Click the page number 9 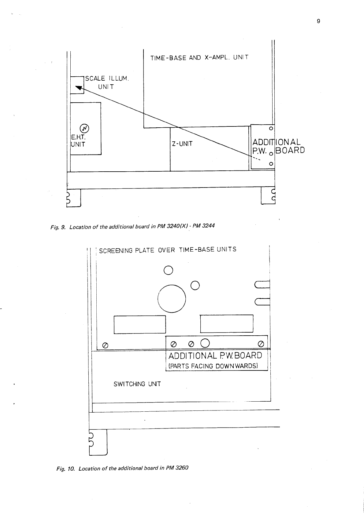coord(318,21)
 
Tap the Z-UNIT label coord(182,144)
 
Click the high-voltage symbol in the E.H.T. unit coord(84,128)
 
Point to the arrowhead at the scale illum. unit coord(79,88)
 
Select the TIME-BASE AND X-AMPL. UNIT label coord(199,57)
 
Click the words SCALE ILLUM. coord(107,79)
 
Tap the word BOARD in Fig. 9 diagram coord(290,150)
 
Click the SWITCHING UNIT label coord(137,384)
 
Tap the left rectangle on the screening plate coord(139,324)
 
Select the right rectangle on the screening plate coord(227,323)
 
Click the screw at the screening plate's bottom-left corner coord(105,345)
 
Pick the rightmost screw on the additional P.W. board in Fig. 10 coord(261,343)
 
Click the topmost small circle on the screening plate coord(169,270)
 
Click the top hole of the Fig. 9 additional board coord(270,129)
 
